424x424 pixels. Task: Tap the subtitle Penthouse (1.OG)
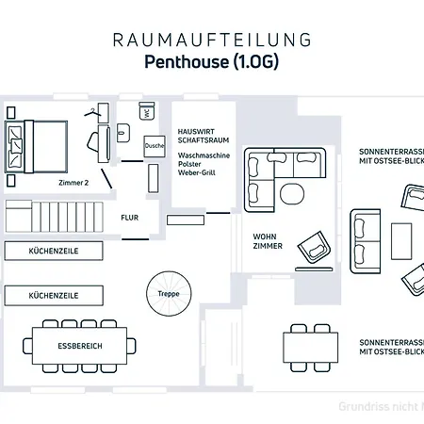(x=211, y=62)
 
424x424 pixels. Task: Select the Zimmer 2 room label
(x=73, y=183)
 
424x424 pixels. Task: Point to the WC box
(x=147, y=113)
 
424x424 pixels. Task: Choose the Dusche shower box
(x=154, y=146)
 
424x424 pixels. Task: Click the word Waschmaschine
(x=204, y=154)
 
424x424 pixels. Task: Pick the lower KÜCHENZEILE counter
(x=53, y=295)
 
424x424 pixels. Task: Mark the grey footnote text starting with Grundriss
(x=381, y=406)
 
